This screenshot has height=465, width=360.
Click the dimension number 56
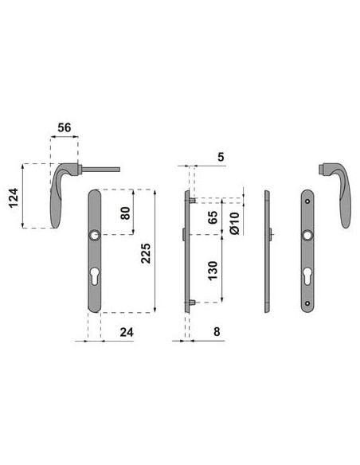[65, 127]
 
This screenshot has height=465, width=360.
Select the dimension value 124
[14, 197]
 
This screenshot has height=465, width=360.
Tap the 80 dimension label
[125, 213]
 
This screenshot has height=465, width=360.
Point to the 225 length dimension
[146, 253]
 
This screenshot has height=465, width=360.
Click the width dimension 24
[127, 333]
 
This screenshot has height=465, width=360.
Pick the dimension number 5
[221, 157]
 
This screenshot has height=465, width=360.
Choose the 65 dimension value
[213, 217]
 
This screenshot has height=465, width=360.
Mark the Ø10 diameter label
[234, 223]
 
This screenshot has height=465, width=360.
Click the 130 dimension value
[213, 271]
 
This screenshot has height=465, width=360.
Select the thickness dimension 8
[217, 332]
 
